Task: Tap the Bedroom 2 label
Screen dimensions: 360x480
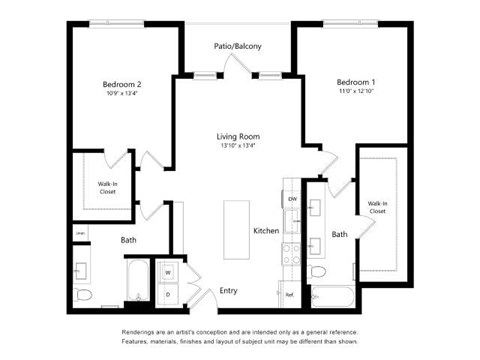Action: click(122, 85)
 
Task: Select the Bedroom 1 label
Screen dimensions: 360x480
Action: click(357, 81)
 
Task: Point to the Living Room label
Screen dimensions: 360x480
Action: click(238, 136)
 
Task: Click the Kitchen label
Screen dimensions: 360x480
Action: click(266, 230)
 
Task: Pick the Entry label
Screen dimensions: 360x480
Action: click(228, 291)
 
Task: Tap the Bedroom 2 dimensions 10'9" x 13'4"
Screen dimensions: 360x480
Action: click(122, 96)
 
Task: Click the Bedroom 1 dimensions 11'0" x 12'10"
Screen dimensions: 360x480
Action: click(357, 92)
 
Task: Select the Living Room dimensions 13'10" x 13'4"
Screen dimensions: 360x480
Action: click(238, 147)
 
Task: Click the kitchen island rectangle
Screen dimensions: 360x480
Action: click(236, 228)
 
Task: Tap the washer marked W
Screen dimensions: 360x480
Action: click(167, 272)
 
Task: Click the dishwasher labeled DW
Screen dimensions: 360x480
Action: click(292, 200)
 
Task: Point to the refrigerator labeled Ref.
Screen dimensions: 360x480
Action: click(289, 294)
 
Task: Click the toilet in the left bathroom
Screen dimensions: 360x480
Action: click(84, 295)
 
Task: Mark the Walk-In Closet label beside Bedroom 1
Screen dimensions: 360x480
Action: click(377, 207)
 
